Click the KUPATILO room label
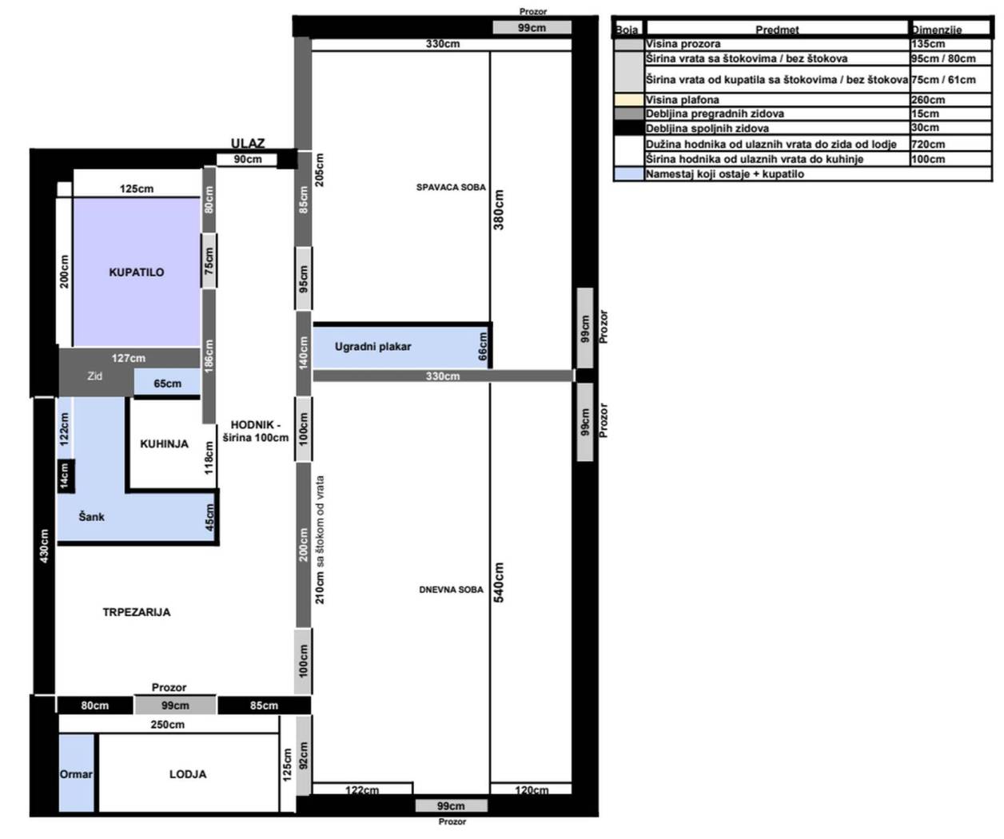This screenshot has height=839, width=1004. (x=137, y=272)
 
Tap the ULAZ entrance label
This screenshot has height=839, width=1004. (x=248, y=143)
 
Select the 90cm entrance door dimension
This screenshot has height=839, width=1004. (x=248, y=159)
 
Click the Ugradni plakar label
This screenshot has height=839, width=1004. (x=373, y=347)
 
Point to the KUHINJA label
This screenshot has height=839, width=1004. (x=164, y=443)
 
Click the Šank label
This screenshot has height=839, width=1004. (x=91, y=517)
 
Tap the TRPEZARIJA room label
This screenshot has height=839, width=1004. (x=137, y=612)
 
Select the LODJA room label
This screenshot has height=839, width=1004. (x=188, y=774)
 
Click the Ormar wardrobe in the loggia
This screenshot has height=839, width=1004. (x=76, y=773)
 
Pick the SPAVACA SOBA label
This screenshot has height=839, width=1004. (x=451, y=188)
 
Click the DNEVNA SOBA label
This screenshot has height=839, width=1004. (x=451, y=590)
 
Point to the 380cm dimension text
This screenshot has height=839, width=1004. (x=499, y=209)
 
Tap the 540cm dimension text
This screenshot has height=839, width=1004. (x=499, y=583)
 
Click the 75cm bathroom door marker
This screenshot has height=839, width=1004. (x=209, y=261)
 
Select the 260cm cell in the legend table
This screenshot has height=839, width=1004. (x=928, y=100)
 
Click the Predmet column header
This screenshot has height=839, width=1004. (x=777, y=30)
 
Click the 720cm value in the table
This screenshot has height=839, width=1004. (x=928, y=145)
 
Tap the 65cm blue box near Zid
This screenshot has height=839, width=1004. (x=167, y=384)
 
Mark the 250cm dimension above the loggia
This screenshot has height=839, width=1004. (x=167, y=725)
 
